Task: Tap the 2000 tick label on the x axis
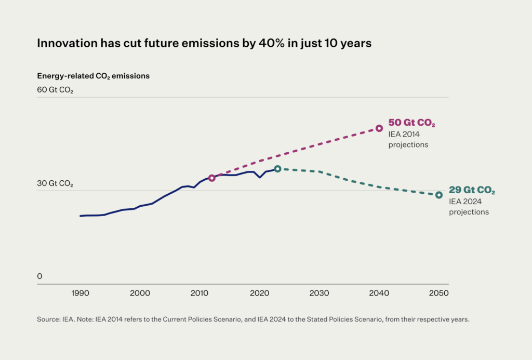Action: pyautogui.click(x=140, y=294)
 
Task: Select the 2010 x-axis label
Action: pyautogui.click(x=199, y=294)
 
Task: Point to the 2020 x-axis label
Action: pyautogui.click(x=259, y=294)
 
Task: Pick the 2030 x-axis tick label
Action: pyautogui.click(x=319, y=294)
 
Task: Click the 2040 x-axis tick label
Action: pyautogui.click(x=379, y=294)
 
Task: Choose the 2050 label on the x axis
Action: pyautogui.click(x=439, y=294)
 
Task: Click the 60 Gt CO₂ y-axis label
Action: pyautogui.click(x=55, y=90)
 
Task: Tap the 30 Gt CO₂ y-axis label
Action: pyautogui.click(x=55, y=184)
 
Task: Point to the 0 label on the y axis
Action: pyautogui.click(x=39, y=276)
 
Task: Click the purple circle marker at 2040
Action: pyautogui.click(x=379, y=128)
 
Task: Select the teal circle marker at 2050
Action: pyautogui.click(x=439, y=195)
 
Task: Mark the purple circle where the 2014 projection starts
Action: pyautogui.click(x=212, y=178)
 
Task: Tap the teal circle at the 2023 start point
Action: pyautogui.click(x=277, y=169)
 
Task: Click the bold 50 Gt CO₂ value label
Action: pyautogui.click(x=411, y=123)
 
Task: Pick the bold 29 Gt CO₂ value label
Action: pyautogui.click(x=471, y=191)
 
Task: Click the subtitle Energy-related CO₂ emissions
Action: pyautogui.click(x=94, y=76)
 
